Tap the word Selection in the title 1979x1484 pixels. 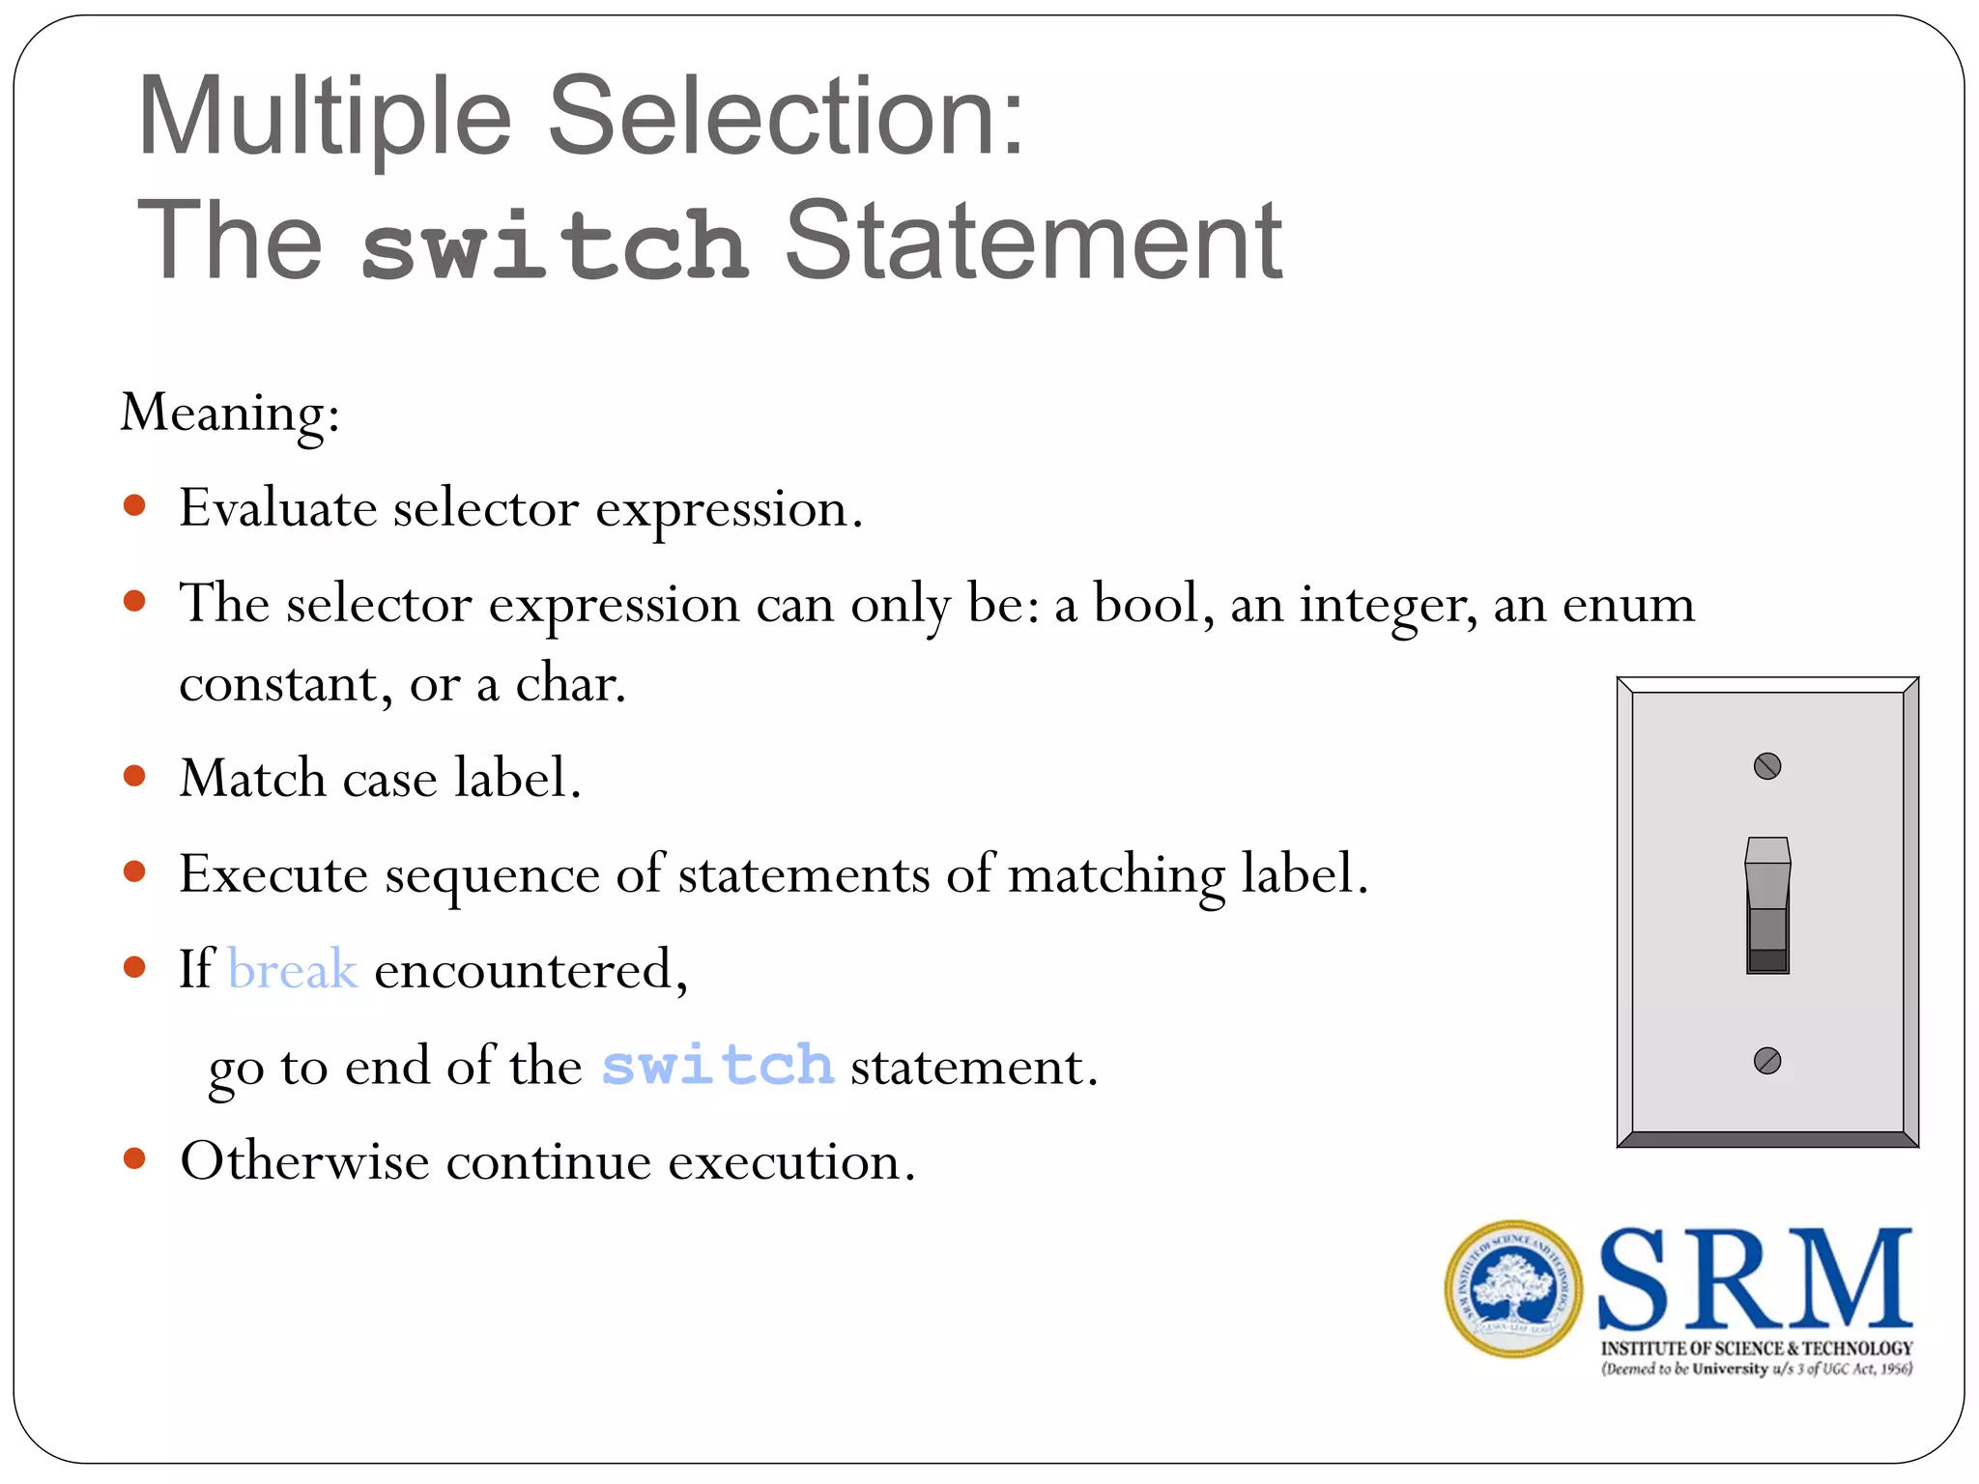coord(786,117)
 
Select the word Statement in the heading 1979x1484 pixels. coord(1033,241)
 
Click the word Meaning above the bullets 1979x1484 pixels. coord(229,413)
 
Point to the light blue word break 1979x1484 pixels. coord(293,969)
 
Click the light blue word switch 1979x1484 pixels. coord(717,1066)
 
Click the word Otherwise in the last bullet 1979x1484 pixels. coord(304,1161)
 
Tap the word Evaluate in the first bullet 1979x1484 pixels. coord(278,508)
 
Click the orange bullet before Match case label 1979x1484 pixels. coord(134,776)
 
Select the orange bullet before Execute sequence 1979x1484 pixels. coord(134,871)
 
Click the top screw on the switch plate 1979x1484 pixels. coord(1766,766)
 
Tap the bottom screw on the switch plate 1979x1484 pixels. coord(1766,1061)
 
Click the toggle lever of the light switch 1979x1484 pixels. coord(1767,903)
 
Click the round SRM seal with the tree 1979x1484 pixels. coord(1513,1289)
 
